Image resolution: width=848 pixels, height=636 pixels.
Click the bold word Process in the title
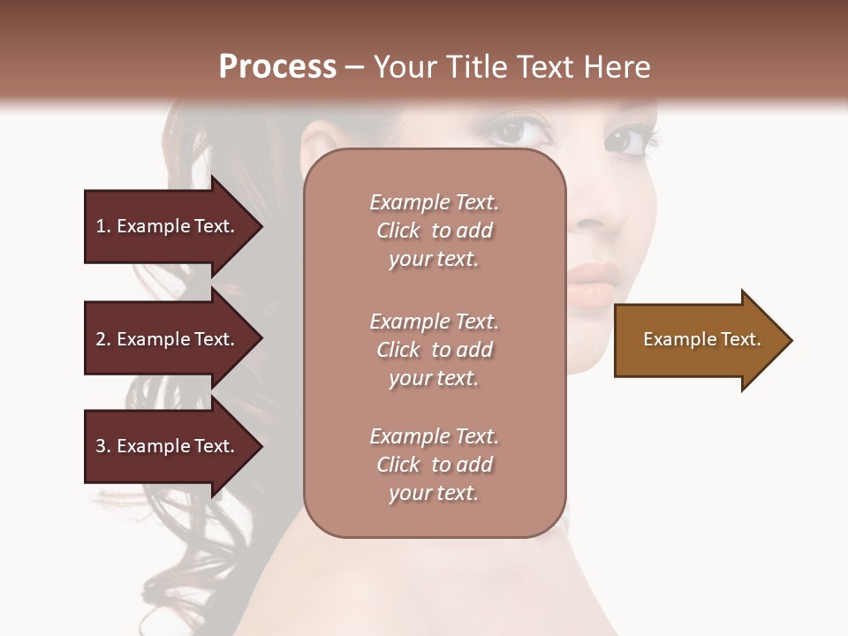277,67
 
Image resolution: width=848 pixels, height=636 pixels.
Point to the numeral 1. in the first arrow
103,226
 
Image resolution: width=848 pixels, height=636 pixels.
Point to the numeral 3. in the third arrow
103,446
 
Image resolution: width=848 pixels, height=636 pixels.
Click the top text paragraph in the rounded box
434,231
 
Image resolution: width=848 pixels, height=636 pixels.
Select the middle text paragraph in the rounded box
434,350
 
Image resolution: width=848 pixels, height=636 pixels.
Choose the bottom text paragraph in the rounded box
434,465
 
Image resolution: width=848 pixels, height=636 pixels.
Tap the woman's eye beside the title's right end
628,140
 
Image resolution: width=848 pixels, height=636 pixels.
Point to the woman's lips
589,282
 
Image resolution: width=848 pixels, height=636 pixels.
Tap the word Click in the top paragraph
398,231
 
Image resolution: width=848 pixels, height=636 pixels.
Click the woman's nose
609,216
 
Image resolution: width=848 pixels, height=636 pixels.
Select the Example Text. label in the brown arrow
702,339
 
